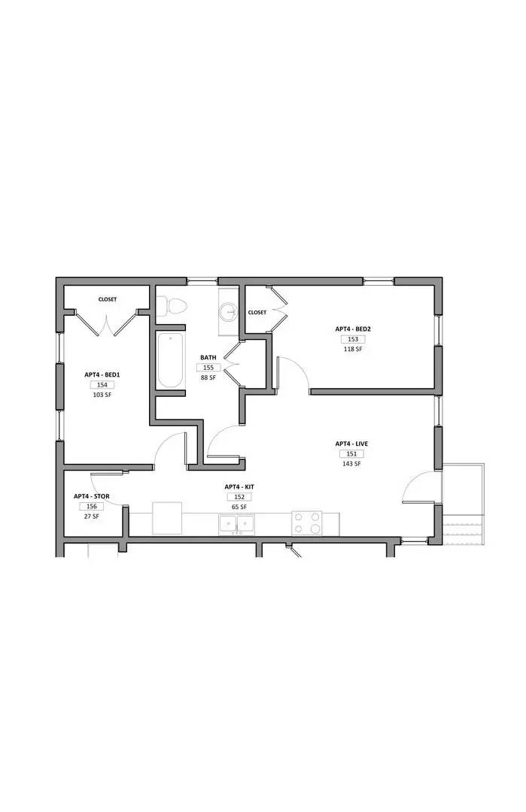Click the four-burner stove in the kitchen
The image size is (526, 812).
[307, 523]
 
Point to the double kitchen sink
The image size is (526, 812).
[237, 524]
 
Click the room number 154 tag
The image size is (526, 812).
[102, 384]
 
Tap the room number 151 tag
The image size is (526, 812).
[351, 454]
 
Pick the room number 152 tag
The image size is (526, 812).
[238, 497]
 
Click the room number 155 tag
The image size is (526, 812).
[208, 368]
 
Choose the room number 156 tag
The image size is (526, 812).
[91, 507]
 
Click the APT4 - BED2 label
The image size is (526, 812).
[353, 329]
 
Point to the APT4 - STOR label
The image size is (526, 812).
[91, 496]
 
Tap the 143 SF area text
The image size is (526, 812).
[351, 464]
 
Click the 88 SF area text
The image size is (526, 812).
[208, 377]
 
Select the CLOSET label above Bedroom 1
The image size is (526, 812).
[108, 299]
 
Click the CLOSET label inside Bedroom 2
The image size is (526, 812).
[257, 313]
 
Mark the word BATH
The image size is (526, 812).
[208, 358]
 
